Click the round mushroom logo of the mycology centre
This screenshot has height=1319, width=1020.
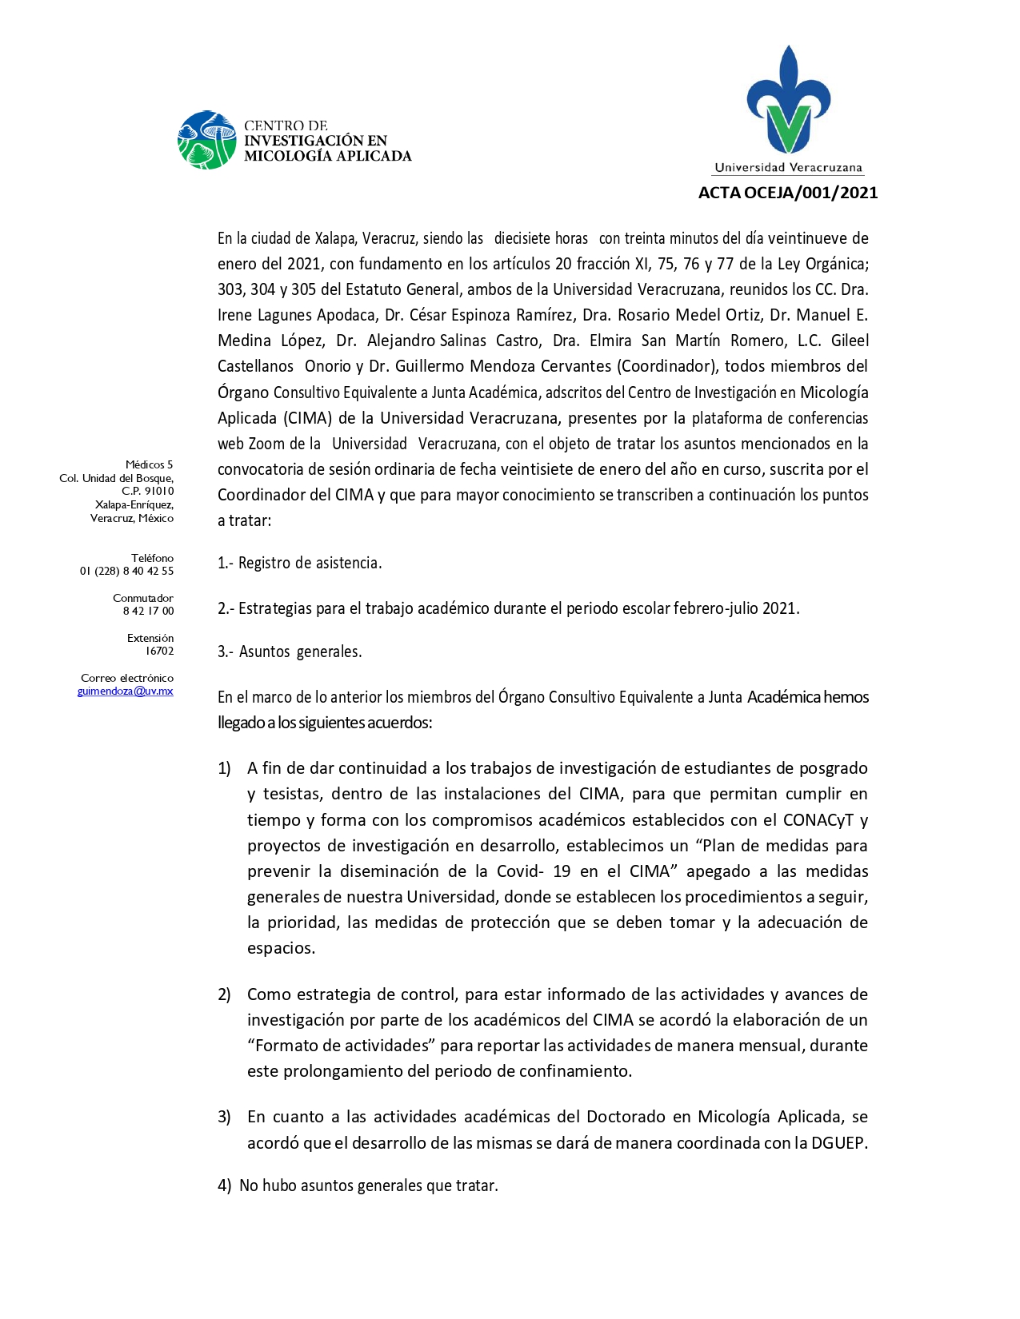pos(207,140)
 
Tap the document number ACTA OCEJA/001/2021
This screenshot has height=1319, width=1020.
pos(787,193)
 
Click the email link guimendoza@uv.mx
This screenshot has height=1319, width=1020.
pos(126,691)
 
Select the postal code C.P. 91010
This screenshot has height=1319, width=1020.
pos(147,492)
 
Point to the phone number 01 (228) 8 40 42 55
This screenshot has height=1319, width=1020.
pos(126,572)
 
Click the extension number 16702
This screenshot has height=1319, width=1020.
pos(159,652)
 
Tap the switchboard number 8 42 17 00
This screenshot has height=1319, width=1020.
pos(148,612)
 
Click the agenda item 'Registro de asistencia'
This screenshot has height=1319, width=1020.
pos(310,564)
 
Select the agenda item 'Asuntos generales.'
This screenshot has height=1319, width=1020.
pos(300,652)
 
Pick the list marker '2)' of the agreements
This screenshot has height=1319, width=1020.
pos(224,994)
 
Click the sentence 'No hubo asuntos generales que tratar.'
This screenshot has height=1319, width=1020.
pos(368,1186)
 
